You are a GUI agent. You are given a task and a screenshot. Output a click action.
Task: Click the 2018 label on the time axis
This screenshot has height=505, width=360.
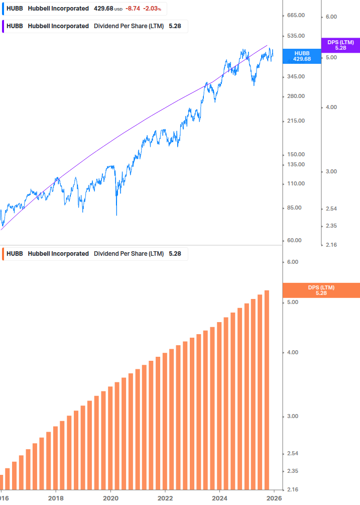(56, 498)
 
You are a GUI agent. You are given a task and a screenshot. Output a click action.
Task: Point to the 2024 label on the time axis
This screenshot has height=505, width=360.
(220, 498)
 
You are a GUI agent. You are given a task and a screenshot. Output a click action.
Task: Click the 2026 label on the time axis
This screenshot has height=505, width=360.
(274, 498)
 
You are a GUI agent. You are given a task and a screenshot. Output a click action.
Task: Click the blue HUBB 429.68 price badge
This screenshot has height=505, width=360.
(302, 56)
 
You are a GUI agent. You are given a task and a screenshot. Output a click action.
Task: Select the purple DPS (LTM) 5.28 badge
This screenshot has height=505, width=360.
(340, 45)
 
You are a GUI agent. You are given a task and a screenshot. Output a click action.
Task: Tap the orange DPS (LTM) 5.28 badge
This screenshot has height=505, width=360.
(321, 290)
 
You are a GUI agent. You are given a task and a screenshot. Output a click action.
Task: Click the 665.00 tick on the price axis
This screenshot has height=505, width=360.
(296, 16)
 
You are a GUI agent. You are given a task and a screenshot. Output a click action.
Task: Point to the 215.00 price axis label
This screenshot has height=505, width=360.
(296, 121)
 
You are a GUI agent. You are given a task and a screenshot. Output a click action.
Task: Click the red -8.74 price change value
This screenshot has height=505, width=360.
(133, 9)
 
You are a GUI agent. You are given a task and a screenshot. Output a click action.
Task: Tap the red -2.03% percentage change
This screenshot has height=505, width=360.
(152, 9)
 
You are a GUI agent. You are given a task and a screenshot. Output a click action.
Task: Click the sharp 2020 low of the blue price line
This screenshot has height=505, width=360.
(116, 215)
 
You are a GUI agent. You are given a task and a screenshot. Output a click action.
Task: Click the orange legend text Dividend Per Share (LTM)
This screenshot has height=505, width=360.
(129, 254)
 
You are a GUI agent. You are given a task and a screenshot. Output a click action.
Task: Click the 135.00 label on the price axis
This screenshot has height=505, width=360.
(296, 164)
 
